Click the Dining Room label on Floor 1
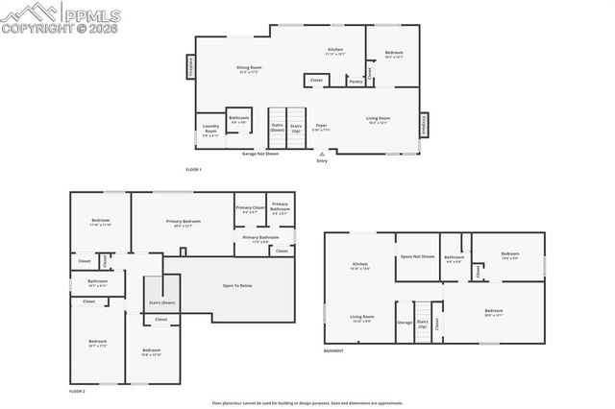249,68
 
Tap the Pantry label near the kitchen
355,82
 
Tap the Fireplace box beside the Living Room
424,125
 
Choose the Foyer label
322,126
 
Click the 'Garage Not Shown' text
259,153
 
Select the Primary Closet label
250,210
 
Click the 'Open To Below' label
237,285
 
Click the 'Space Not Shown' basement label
418,256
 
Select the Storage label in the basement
404,323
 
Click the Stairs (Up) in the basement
422,324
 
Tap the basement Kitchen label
360,266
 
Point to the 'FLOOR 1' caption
194,169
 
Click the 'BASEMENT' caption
333,351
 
